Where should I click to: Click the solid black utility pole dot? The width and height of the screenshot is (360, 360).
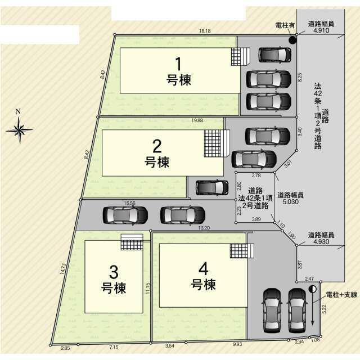tap(292, 40)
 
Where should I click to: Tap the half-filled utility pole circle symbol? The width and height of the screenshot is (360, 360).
tap(313, 289)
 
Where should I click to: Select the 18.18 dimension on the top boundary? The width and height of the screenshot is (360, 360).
tap(205, 31)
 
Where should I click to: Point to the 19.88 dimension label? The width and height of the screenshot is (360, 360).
tap(197, 120)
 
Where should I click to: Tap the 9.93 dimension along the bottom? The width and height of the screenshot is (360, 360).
tap(237, 344)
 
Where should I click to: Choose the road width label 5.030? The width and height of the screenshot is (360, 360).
tap(291, 202)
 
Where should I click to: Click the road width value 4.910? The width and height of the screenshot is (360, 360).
tap(321, 30)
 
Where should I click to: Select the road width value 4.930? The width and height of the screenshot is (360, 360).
tap(321, 241)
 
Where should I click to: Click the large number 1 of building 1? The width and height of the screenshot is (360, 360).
tap(178, 64)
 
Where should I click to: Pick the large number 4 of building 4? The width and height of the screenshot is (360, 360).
tap(204, 269)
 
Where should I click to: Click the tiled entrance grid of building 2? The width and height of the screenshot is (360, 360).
tap(213, 143)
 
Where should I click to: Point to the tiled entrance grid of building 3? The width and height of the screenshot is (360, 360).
tap(132, 245)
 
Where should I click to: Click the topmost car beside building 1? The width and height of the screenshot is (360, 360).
tap(275, 55)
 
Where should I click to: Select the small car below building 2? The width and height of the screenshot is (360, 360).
tap(212, 187)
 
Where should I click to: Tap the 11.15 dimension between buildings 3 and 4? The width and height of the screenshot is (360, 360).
tap(147, 289)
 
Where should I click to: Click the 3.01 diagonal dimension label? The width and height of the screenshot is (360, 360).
tap(288, 164)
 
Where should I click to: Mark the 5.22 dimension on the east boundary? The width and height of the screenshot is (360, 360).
tap(324, 309)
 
